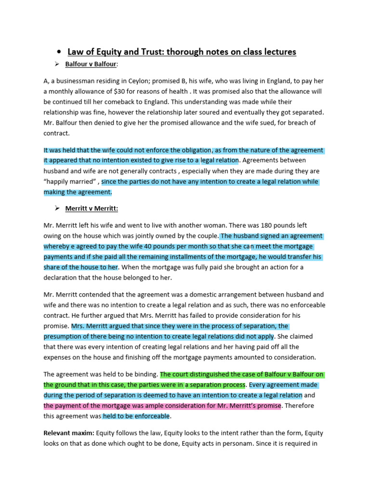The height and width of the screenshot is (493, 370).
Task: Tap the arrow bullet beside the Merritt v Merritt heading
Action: [56, 208]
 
